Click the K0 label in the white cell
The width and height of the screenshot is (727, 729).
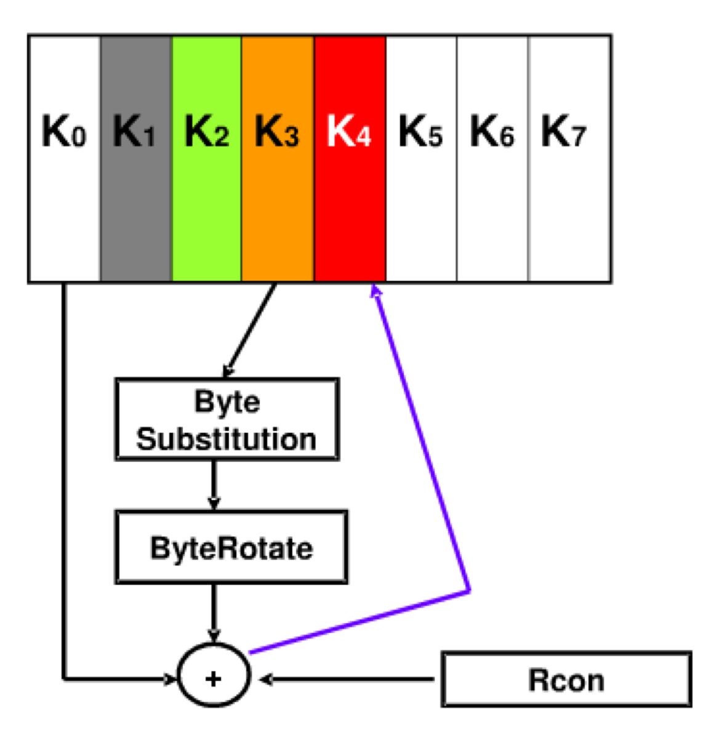pos(64,132)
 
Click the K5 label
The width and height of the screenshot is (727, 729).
pos(420,132)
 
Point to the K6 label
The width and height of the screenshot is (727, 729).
pos(492,132)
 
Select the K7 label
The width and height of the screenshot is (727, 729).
pos(563,132)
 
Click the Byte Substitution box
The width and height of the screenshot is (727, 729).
pos(227,419)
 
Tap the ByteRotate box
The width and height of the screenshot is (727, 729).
pos(231,547)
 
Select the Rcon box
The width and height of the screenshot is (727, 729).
pos(566,679)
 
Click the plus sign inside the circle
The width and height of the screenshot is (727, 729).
pos(214,679)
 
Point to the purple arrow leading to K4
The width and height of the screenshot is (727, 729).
pos(425,443)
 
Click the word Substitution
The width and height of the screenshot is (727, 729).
pos(227,440)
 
